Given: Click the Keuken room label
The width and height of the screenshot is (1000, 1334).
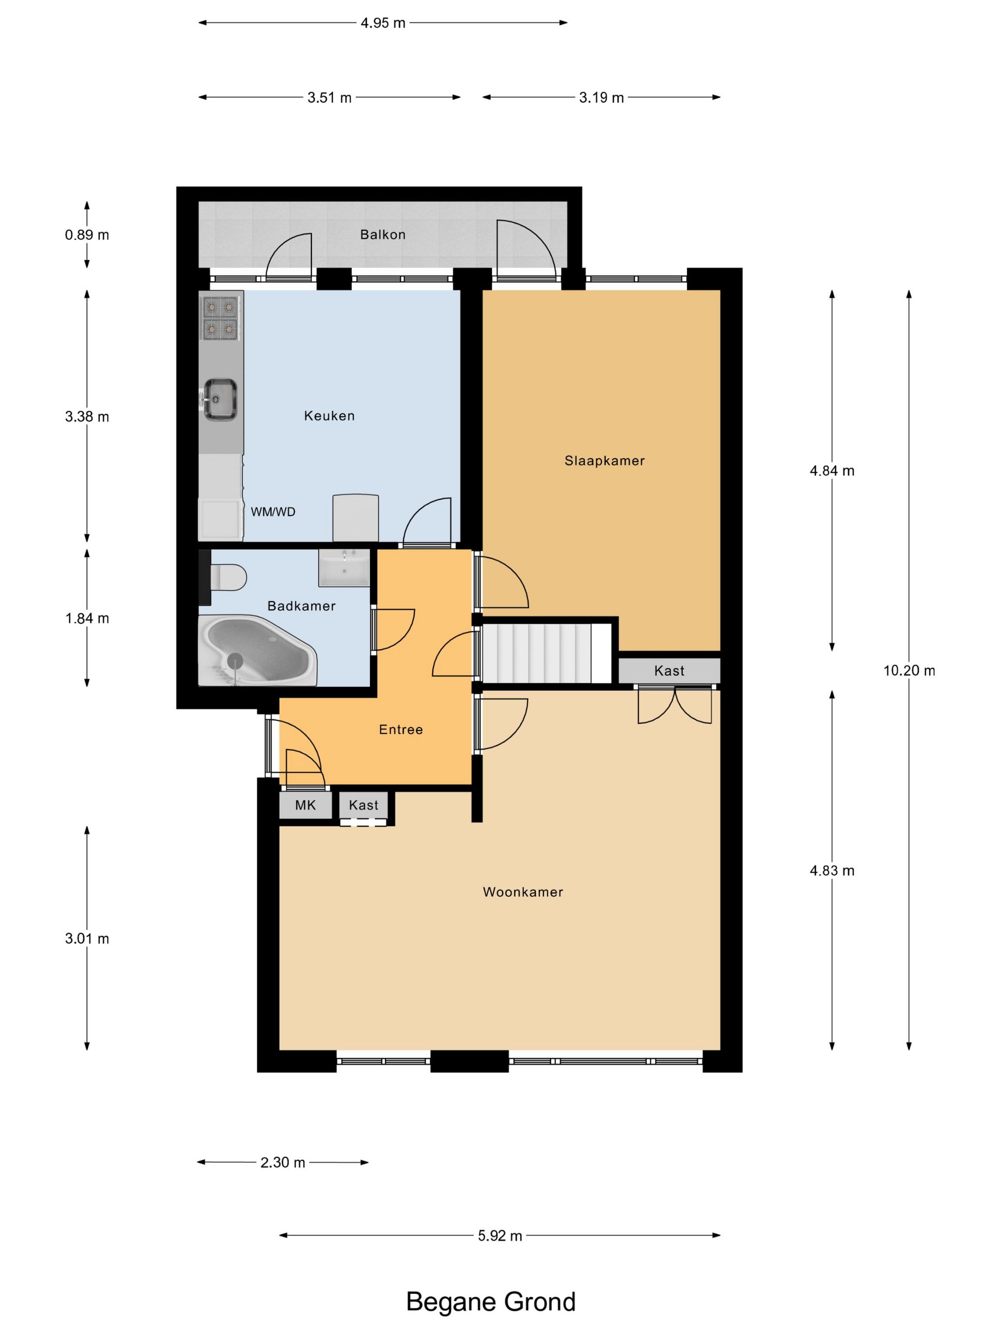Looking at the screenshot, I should pos(329,415).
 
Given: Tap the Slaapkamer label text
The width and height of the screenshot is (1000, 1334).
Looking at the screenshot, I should pos(604,461).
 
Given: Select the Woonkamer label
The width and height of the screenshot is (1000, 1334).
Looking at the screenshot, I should pos(522,892).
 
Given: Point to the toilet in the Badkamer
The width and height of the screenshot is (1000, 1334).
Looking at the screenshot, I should pos(227,576).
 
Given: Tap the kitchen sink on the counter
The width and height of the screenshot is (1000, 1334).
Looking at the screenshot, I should pos(220,399).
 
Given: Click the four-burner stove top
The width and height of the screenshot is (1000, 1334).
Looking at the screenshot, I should pos(220,318).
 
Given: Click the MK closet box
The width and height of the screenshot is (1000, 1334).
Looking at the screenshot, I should pos(306,805).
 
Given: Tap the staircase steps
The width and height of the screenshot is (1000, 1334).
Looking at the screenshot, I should pos(546,654).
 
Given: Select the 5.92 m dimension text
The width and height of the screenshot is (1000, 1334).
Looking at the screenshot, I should pos(500,1236).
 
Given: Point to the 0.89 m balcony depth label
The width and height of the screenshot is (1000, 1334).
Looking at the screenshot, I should pos(87,234).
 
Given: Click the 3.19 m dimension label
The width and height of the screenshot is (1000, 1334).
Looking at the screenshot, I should pos(601,98).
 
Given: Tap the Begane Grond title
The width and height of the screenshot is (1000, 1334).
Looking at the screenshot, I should pos(490,1302).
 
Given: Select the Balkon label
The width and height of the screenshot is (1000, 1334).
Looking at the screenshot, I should pos(383,234).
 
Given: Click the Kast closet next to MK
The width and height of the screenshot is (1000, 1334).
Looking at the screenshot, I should pos(363,805).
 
